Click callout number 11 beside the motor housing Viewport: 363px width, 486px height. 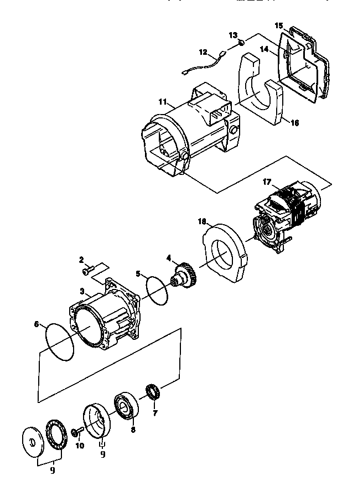[x=162, y=102]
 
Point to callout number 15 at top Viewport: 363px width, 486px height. [x=279, y=25]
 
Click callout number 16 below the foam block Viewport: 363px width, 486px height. [x=294, y=123]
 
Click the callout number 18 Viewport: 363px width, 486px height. [x=203, y=221]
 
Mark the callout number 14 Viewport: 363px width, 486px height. [x=265, y=49]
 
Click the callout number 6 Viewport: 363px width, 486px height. [x=37, y=325]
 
